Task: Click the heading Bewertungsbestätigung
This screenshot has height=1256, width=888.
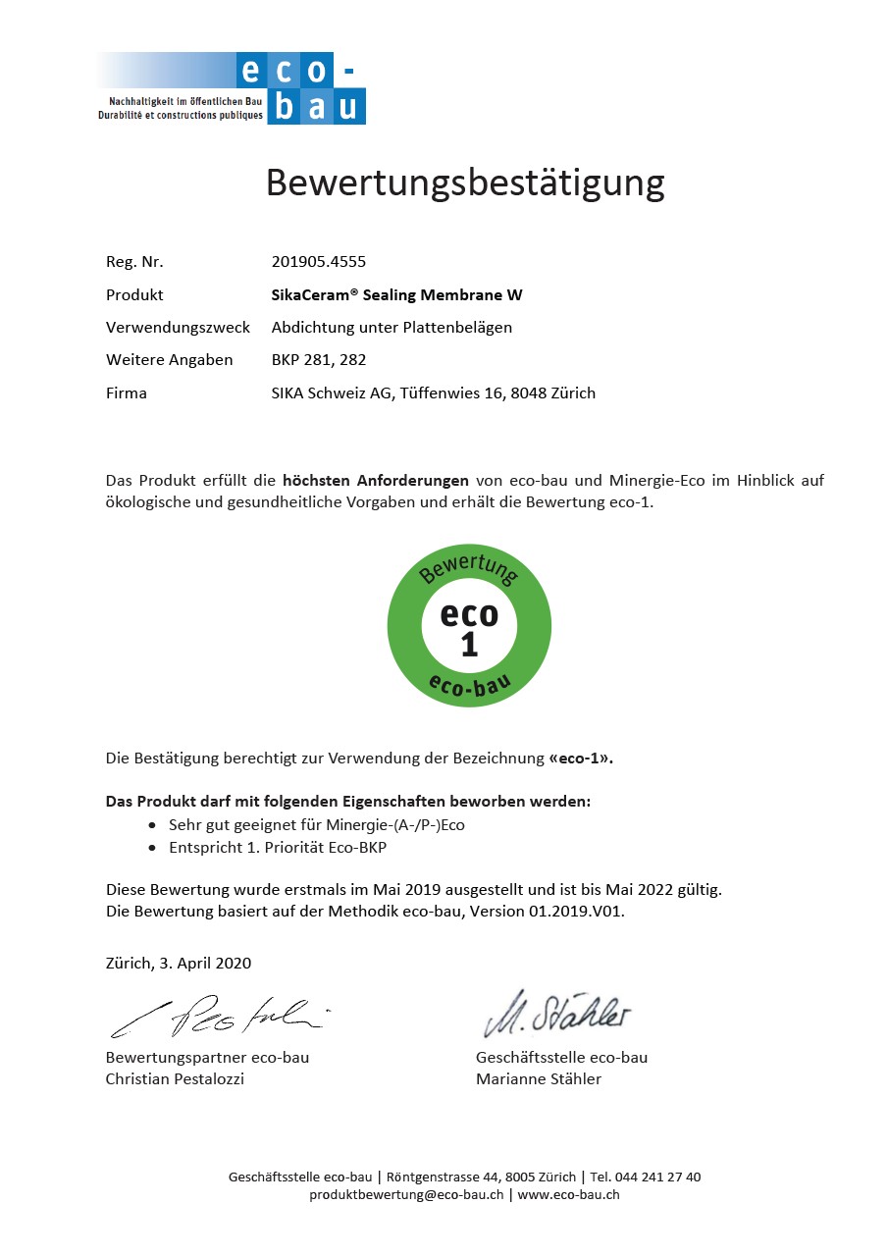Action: pos(465,183)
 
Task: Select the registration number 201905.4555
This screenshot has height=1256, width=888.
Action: pos(318,262)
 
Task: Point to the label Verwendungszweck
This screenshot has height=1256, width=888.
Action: pos(178,327)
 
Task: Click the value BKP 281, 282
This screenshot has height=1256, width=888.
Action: pos(318,359)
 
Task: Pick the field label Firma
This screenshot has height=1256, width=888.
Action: pos(127,392)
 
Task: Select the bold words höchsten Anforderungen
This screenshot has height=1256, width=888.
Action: pos(375,480)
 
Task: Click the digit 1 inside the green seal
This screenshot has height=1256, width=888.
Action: pos(469,645)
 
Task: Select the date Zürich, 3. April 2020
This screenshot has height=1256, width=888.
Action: pos(179,963)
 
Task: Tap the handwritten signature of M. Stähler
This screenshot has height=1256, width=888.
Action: pos(555,1014)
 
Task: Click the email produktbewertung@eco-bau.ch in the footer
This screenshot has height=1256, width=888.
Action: pos(406,1194)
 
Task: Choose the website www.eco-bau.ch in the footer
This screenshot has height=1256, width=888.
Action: pos(568,1194)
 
